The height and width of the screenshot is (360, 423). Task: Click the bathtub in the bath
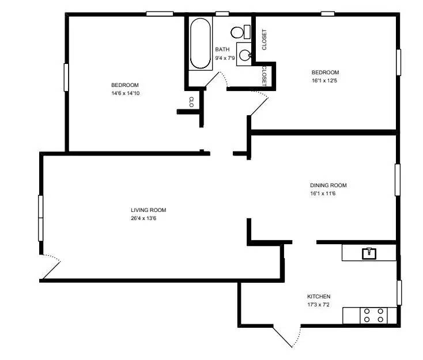[x=200, y=44]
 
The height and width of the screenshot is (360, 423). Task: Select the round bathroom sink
[x=245, y=55]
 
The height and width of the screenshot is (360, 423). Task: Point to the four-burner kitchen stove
[x=373, y=315]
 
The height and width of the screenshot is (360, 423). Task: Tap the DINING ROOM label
[x=328, y=185]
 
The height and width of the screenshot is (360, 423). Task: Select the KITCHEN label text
[x=319, y=297]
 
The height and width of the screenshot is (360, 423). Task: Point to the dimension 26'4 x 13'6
[x=143, y=218]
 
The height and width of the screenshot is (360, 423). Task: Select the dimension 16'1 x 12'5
[x=325, y=80]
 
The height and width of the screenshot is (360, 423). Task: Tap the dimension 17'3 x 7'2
[x=318, y=305]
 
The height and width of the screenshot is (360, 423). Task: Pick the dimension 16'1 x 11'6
[x=322, y=194]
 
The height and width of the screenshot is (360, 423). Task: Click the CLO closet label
[x=191, y=102]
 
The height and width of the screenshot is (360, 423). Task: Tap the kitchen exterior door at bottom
[x=286, y=336]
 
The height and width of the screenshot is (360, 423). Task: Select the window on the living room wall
[x=41, y=218]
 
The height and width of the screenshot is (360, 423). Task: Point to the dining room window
[x=397, y=180]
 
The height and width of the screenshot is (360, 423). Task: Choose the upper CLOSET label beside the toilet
[x=264, y=40]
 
